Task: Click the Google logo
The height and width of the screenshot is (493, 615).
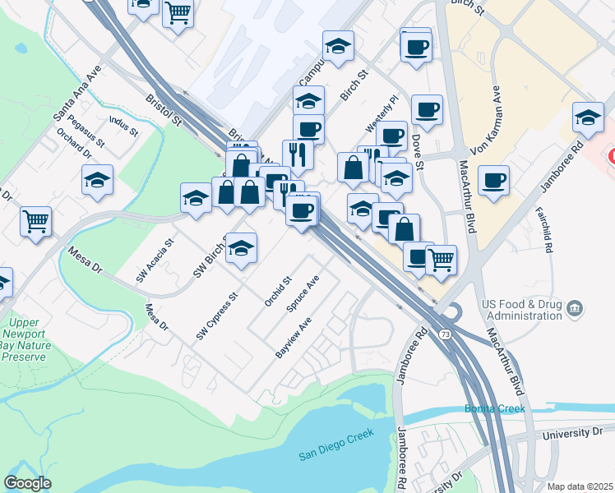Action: point(27,482)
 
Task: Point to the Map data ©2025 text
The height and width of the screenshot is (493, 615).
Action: point(580,486)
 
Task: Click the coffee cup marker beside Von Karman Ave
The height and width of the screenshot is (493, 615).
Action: point(493,181)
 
